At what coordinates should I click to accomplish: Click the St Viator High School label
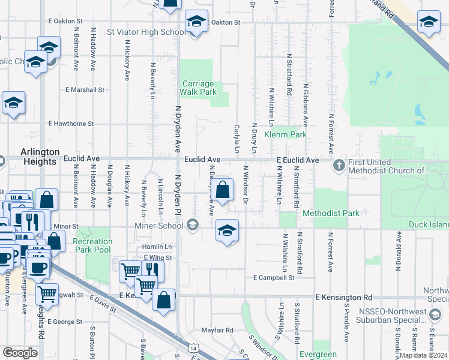tap(146, 32)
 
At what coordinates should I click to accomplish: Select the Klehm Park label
tap(289, 134)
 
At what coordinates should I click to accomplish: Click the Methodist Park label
tap(331, 213)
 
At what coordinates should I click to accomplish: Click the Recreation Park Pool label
tap(92, 245)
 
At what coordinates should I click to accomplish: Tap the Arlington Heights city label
tap(40, 157)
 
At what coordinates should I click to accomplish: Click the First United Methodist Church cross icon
tap(339, 164)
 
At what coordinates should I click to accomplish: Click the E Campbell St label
tap(274, 278)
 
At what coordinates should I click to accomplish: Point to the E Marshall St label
tap(85, 89)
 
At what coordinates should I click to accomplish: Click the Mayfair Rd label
tap(217, 330)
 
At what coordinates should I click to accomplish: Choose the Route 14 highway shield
tap(192, 347)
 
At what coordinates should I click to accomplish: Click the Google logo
tap(20, 352)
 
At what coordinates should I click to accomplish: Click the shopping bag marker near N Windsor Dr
tap(223, 191)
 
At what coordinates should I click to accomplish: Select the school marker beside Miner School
tap(226, 231)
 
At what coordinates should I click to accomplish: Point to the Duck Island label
tap(433, 225)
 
